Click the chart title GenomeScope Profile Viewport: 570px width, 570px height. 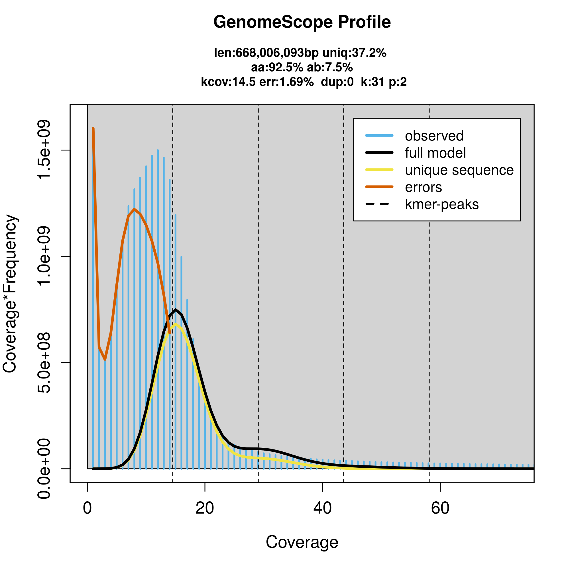click(302, 22)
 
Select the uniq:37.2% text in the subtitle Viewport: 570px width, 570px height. click(354, 53)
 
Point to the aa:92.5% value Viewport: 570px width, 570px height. click(277, 67)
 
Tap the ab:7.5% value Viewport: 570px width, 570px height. click(330, 67)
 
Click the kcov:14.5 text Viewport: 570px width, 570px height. click(228, 82)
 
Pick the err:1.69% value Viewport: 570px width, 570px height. click(286, 82)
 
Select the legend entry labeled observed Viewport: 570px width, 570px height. click(434, 136)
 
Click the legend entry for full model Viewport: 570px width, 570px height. click(435, 153)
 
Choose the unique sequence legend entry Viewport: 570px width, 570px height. click(459, 170)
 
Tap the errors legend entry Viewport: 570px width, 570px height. click(424, 187)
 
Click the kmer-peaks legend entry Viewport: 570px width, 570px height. click(442, 204)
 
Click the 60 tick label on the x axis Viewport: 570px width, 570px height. click(440, 508)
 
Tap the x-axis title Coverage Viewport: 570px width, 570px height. click(302, 542)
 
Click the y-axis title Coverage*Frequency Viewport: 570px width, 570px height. click(10, 294)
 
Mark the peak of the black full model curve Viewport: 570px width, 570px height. click(176, 310)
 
